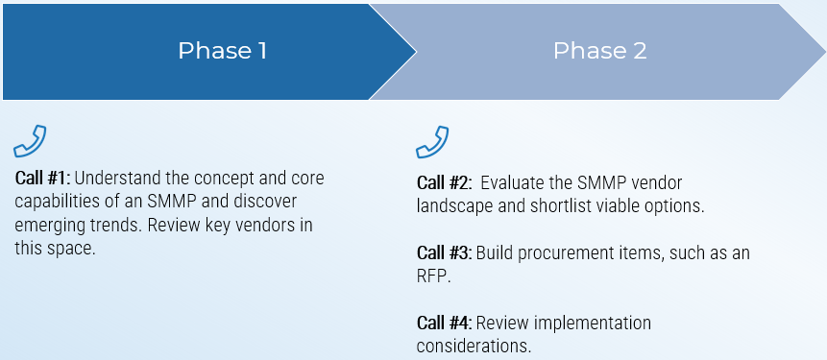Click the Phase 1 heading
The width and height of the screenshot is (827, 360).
coord(222,51)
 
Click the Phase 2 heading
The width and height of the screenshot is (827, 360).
coord(599,51)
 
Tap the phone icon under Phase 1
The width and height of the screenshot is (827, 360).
coord(30,141)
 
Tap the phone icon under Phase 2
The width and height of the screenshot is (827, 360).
coord(432,141)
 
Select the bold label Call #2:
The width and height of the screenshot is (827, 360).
coord(446,182)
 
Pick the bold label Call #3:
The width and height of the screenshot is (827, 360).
coord(444,252)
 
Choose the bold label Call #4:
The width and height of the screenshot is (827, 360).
coord(444,323)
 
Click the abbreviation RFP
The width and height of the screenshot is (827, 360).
coord(433,276)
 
